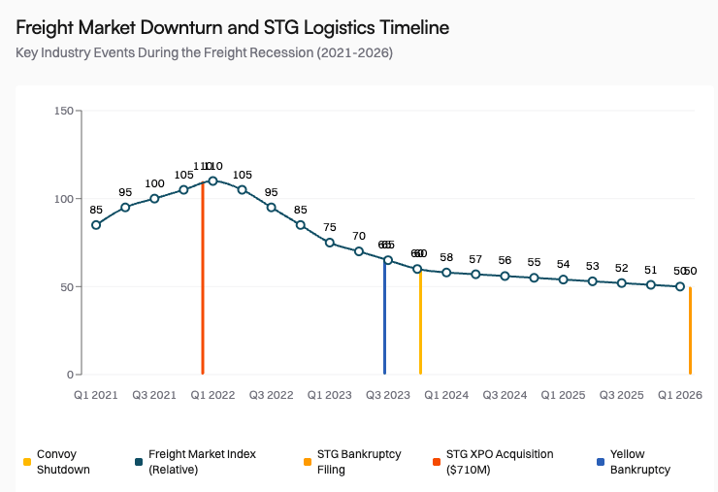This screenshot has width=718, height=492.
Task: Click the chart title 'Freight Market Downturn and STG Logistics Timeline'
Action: [x=232, y=27]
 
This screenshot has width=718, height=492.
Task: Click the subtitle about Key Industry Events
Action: [x=204, y=52]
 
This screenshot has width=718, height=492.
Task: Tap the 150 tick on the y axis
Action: [x=64, y=111]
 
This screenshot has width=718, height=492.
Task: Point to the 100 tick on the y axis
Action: [x=64, y=199]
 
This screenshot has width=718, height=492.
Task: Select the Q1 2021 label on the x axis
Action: [x=96, y=395]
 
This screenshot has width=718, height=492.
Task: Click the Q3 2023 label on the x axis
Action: [x=388, y=395]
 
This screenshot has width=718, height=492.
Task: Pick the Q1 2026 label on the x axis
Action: [x=680, y=395]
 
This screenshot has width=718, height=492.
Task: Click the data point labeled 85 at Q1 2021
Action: [x=96, y=225]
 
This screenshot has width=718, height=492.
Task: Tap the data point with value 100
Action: [x=154, y=199]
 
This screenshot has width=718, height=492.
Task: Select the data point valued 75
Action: [x=330, y=243]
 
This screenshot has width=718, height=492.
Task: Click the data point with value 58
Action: [x=446, y=273]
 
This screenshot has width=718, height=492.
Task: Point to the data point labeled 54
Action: [x=564, y=279]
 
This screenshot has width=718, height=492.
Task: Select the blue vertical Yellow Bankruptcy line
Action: [x=384, y=320]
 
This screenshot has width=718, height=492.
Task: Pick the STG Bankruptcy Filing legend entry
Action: [x=353, y=462]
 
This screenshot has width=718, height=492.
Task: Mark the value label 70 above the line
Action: [x=359, y=236]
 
